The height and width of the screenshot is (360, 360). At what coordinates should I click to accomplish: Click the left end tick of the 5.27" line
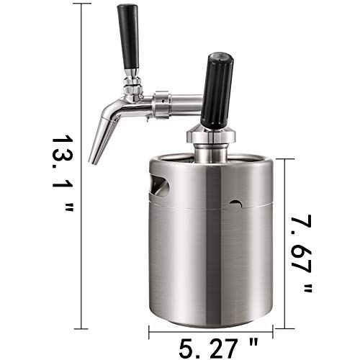point(150,333)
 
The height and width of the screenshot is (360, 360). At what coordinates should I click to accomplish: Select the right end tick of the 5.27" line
point(274,333)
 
